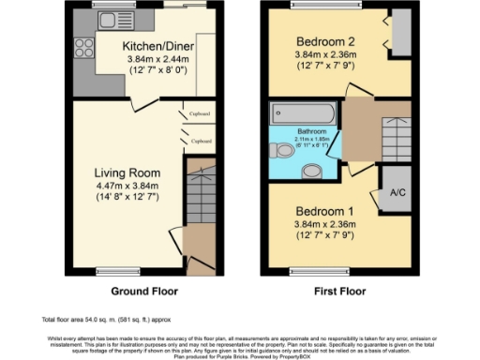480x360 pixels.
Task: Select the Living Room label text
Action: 127,173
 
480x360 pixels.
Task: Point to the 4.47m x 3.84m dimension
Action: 127,186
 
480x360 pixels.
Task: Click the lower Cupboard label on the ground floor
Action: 201,141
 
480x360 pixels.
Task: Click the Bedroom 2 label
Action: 327,42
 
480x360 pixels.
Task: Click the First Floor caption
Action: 339,291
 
